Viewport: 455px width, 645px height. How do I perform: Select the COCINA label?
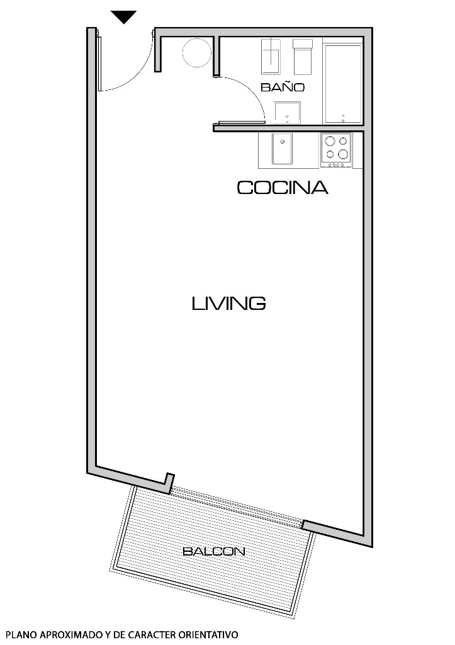click(x=282, y=188)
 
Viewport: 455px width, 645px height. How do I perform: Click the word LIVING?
click(x=228, y=304)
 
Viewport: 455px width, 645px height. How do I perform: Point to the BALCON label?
click(x=213, y=552)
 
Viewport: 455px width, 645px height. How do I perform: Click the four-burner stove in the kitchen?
click(x=336, y=149)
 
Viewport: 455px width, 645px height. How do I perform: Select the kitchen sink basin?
click(x=282, y=149)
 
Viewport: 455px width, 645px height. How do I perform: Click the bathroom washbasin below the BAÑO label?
click(x=288, y=113)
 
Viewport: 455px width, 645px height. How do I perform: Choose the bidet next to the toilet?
click(x=303, y=56)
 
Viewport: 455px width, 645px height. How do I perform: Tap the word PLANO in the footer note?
click(x=18, y=635)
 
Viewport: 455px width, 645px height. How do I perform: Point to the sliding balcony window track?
click(x=236, y=507)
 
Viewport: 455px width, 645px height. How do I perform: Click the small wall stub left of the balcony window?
click(x=168, y=482)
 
